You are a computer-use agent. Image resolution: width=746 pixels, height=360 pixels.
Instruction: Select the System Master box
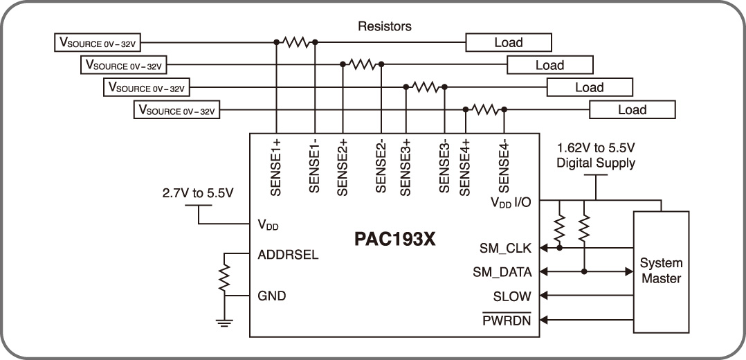click(661, 271)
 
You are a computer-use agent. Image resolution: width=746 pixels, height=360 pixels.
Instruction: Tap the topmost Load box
click(509, 43)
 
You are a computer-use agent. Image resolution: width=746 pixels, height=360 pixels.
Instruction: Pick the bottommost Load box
click(632, 109)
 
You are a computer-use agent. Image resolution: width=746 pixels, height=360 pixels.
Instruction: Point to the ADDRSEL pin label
click(287, 254)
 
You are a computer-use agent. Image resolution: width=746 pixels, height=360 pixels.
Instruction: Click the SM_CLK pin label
click(506, 248)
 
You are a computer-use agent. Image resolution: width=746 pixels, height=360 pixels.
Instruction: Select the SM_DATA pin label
click(502, 271)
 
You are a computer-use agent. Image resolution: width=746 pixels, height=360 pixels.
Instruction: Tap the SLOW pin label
click(512, 296)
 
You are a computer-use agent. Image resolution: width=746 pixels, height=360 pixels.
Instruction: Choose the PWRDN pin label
click(507, 321)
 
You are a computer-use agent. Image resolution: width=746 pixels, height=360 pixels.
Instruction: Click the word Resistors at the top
click(385, 26)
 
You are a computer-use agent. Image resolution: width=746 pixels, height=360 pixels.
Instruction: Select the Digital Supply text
click(596, 163)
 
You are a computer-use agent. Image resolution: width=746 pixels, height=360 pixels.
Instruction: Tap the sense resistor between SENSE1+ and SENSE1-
click(296, 42)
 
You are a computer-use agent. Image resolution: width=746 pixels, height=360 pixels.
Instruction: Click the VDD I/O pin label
click(511, 203)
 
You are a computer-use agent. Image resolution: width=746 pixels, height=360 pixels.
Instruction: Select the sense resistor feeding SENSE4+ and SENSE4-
click(485, 109)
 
